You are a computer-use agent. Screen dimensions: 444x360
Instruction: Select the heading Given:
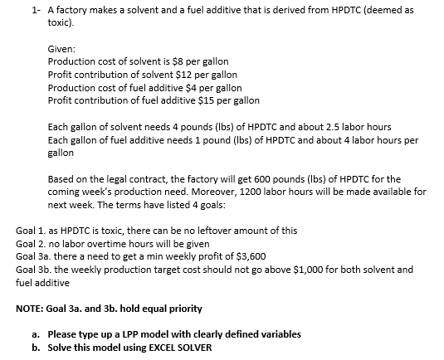(x=62, y=50)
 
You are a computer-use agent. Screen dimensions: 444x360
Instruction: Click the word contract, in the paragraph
(x=156, y=178)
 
